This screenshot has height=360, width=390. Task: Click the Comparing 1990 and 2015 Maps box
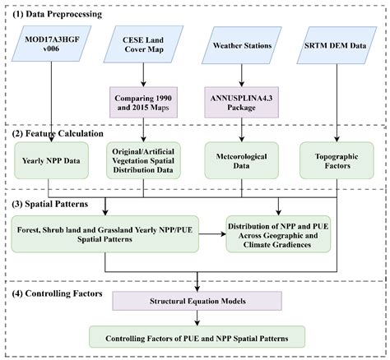144,104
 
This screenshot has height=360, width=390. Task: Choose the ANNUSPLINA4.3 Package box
242,104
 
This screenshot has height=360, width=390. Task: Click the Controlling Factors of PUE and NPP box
197,337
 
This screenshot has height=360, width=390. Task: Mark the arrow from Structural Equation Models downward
197,320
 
